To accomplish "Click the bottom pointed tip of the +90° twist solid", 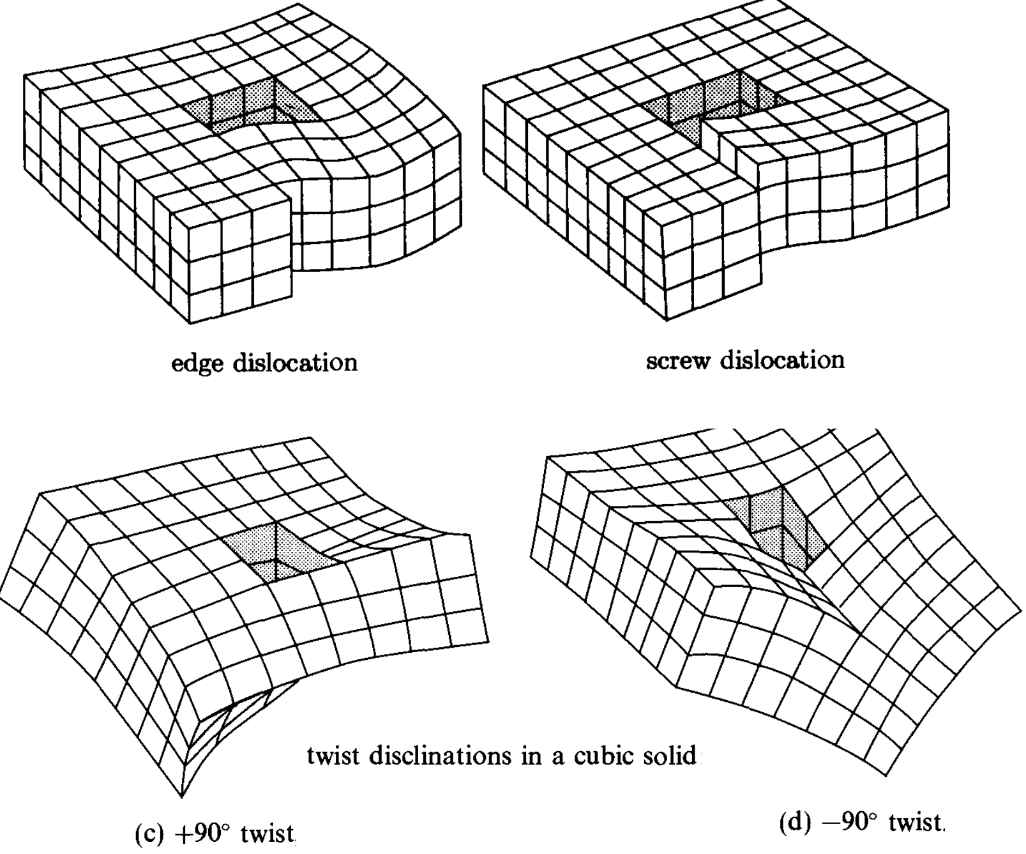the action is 181,796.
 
